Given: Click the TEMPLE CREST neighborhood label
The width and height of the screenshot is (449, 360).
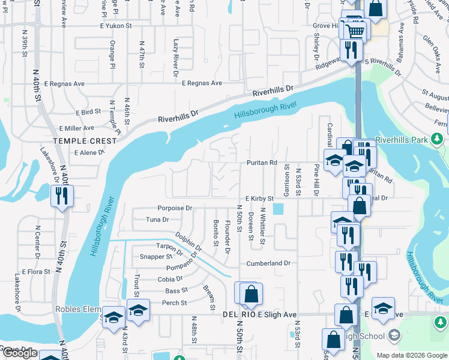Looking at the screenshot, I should tap(84, 141).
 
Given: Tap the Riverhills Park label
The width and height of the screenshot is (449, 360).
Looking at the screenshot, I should tap(401, 140).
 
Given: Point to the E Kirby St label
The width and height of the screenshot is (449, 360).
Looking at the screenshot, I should tap(259, 198).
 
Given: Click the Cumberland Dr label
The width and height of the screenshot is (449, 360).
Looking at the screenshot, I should tap(268, 263).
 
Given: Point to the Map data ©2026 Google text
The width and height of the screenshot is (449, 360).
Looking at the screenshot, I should tap(411, 355).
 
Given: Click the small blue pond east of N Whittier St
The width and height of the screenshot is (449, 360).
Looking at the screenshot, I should tap(278, 209).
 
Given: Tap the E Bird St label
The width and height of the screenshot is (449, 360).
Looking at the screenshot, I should tap(88, 112).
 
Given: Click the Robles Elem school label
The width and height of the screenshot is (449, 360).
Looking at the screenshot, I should tap(78, 310).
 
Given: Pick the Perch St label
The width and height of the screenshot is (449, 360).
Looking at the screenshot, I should tap(175, 303).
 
